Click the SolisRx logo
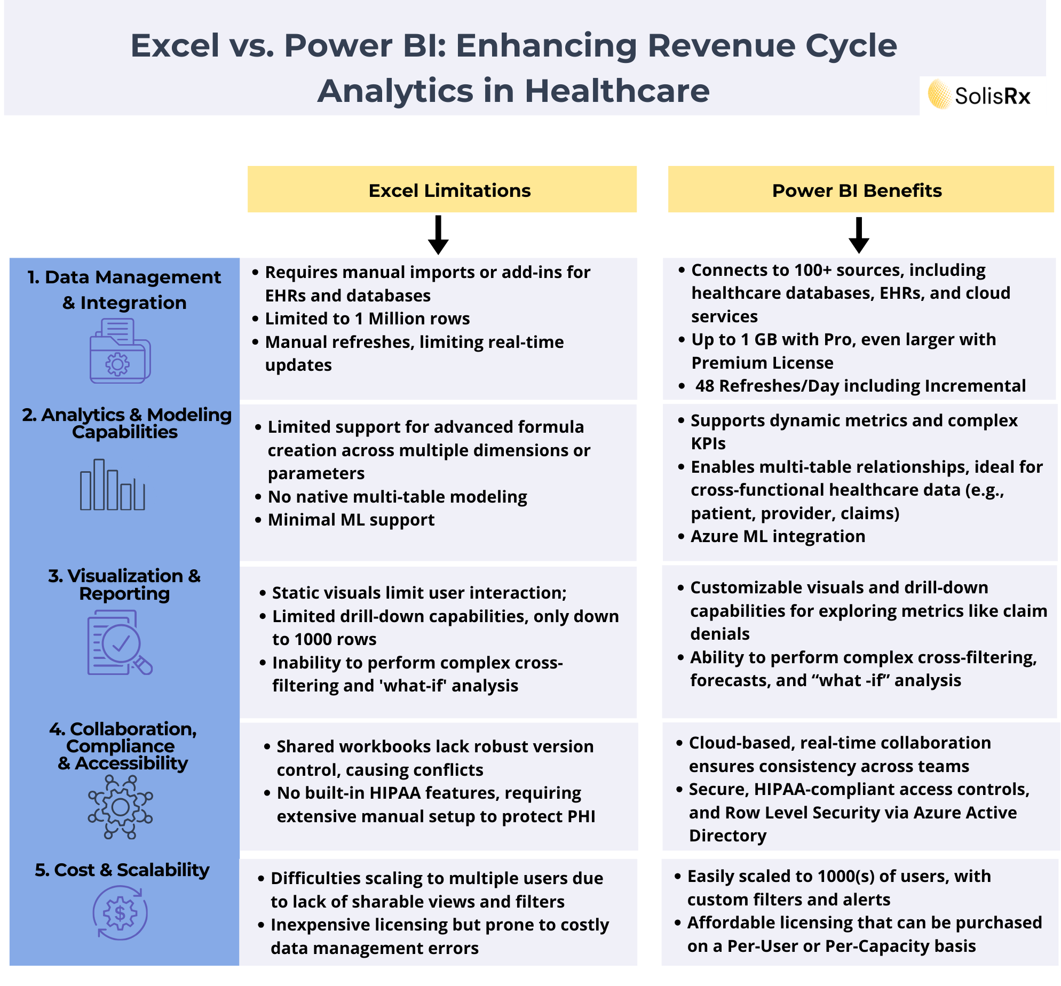coord(979,96)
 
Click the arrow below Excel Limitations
coord(438,235)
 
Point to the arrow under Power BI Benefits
coord(859,235)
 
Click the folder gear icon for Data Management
coord(120,351)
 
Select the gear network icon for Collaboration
coord(121,807)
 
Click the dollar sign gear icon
coord(120,912)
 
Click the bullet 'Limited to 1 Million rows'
coord(367,319)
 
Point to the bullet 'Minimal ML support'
coord(351,520)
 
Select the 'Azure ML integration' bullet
coord(778,536)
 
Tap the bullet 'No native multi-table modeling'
coord(397,497)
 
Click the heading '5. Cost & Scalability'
coord(122,870)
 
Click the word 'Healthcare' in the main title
coord(617,91)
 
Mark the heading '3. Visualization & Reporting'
coord(124,585)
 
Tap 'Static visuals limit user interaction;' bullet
coord(419,593)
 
